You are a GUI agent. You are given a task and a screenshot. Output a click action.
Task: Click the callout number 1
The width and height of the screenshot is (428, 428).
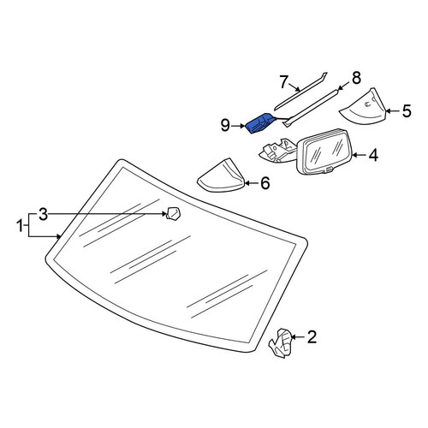point(20,226)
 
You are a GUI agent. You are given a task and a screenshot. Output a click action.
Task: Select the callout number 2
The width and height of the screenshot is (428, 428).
point(312,337)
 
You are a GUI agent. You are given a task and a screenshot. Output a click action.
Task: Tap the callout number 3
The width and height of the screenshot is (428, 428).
point(43,214)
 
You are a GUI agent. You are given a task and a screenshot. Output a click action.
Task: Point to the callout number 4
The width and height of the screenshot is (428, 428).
point(373,155)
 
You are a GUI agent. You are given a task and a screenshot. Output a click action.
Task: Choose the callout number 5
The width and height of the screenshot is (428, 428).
point(407,111)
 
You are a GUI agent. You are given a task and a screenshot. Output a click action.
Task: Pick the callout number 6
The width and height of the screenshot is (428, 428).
point(265,183)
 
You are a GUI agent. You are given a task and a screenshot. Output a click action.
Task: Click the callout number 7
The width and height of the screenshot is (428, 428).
point(283,82)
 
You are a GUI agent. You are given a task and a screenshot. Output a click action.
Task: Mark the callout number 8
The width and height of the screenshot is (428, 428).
point(356,78)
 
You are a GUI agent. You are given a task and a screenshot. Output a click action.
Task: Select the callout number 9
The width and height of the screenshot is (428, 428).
point(225,125)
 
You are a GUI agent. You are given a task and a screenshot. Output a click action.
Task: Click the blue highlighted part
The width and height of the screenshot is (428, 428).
point(259,123)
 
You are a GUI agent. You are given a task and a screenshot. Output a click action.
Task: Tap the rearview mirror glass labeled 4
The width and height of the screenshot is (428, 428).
point(324,152)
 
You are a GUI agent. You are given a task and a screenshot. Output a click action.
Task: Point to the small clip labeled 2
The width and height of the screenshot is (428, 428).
point(280,343)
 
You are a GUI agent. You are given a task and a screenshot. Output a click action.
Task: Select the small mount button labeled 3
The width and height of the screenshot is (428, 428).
point(174,214)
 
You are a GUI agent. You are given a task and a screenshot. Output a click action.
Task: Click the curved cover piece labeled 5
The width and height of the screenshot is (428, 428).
point(364,107)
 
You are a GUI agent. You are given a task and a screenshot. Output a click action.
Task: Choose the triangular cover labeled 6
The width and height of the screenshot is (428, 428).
point(221,175)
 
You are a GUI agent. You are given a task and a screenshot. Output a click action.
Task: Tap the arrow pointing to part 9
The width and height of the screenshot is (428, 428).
point(238,126)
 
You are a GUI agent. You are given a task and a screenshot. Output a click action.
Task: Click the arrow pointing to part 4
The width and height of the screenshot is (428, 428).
point(360,155)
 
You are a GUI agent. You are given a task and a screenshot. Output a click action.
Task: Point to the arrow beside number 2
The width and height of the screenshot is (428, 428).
point(298,337)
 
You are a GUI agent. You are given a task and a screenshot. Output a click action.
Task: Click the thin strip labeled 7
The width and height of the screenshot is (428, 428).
point(300,91)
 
